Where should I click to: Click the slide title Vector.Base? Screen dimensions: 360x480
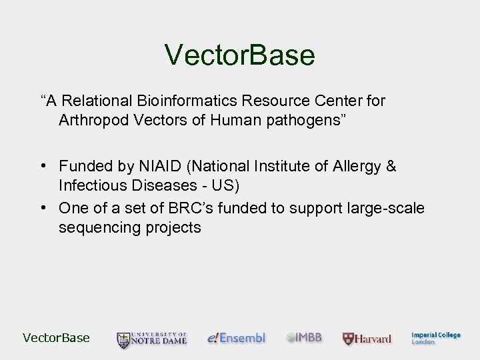click(240, 55)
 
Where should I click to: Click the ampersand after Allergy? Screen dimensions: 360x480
click(391, 166)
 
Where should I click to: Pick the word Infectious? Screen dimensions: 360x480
click(91, 185)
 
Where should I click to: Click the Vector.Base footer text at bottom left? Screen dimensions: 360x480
click(56, 338)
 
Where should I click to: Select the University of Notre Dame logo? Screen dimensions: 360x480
click(152, 339)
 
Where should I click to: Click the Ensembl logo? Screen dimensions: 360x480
click(236, 338)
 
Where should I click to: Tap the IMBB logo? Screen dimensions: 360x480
click(304, 338)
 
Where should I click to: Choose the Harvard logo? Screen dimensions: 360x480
click(367, 339)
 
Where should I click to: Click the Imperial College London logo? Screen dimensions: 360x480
click(435, 338)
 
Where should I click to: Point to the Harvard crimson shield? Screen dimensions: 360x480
click(348, 339)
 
